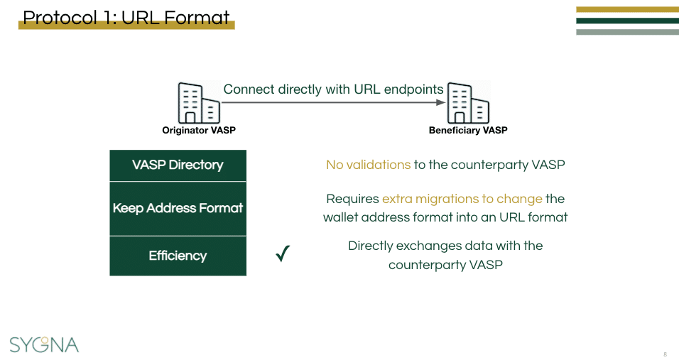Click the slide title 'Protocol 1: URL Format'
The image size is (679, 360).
[126, 17]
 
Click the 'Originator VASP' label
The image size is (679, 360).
[199, 131]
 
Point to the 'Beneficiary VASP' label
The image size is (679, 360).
[468, 131]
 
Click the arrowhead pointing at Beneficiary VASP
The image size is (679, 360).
[440, 103]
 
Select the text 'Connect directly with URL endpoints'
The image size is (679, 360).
[333, 89]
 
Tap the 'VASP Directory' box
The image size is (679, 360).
[178, 165]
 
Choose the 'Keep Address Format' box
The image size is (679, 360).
[178, 209]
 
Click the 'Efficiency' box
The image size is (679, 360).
[178, 256]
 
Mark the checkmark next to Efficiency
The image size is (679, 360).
[283, 254]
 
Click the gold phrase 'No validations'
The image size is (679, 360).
[368, 165]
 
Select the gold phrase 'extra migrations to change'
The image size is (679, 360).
[462, 199]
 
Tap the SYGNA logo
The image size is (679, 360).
[44, 344]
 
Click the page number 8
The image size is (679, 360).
[665, 354]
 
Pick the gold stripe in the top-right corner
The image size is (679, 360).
[627, 9]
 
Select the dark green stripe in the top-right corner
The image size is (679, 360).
[627, 21]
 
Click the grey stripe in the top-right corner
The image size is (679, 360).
[627, 32]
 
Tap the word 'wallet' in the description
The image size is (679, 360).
[342, 217]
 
